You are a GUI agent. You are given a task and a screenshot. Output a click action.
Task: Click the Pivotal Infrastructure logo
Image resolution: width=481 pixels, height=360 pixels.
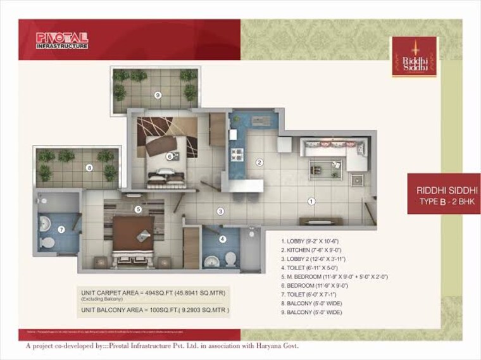point(62,40)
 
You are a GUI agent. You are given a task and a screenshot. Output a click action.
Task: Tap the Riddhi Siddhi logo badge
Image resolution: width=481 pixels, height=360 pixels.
point(415,57)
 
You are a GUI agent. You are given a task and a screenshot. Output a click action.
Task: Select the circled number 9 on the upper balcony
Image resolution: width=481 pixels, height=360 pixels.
point(158,95)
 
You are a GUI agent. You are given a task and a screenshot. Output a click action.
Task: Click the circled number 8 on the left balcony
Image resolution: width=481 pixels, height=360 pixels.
point(90,168)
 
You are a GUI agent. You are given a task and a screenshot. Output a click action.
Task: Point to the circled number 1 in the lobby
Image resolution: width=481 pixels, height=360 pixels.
point(311,201)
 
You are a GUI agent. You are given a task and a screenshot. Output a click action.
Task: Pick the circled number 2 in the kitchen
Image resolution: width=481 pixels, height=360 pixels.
point(259,162)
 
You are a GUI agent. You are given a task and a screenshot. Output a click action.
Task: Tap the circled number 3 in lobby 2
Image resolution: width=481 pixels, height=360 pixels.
point(220,211)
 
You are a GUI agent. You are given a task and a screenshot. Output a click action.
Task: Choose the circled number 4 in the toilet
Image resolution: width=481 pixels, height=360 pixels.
point(222,239)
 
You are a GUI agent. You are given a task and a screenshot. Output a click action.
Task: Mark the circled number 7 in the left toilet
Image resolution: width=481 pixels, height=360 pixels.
point(61,229)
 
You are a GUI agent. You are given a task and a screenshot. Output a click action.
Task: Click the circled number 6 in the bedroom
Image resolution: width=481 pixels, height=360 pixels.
point(170,156)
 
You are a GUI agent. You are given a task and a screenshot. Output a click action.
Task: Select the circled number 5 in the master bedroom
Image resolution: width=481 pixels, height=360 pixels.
point(138,209)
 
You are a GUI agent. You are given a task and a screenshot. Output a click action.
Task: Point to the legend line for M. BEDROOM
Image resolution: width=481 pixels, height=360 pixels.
point(334,276)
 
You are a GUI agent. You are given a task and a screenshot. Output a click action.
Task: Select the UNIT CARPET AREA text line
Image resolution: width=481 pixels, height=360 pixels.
point(153,293)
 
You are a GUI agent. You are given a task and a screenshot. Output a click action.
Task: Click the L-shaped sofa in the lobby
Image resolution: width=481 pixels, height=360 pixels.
point(333,152)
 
